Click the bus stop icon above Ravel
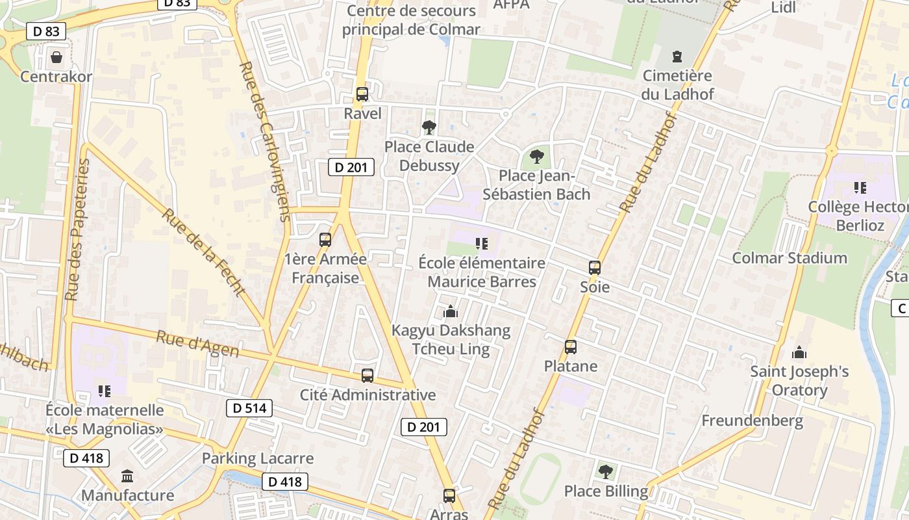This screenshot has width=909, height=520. [x=362, y=94]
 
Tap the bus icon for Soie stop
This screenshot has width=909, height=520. [x=595, y=267]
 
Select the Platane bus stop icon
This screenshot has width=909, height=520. [x=571, y=347]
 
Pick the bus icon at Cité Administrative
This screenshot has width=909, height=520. [x=367, y=375]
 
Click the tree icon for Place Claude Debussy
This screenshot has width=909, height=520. [x=429, y=127]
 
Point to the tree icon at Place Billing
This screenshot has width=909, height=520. [x=606, y=471]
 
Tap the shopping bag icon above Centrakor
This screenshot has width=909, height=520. [x=56, y=57]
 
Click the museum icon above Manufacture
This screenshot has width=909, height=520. [x=127, y=476]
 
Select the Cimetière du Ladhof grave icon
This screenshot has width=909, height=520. [x=678, y=57]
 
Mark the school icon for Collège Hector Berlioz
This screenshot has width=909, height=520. [x=860, y=188]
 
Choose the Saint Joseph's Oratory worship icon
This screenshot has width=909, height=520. [x=799, y=352]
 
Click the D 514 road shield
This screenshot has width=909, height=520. [x=249, y=408]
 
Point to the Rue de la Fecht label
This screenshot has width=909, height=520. [x=203, y=252]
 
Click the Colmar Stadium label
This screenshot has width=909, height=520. [x=790, y=258]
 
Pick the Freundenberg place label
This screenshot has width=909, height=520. [x=753, y=421]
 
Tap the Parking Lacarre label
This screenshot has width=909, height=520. [x=258, y=458]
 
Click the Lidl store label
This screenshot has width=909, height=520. [x=783, y=8]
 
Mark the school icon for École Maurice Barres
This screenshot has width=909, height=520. [x=481, y=244]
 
